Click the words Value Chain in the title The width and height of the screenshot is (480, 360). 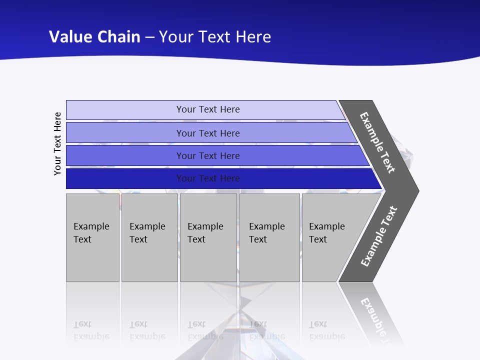[x=94, y=37]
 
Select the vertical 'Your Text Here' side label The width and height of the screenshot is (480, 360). [x=58, y=143]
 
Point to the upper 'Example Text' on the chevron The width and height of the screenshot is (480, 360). [x=377, y=142]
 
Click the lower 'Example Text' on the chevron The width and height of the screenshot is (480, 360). [x=379, y=236]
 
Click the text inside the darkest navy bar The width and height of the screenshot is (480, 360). [x=208, y=178]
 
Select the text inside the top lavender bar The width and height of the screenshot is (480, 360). [x=208, y=109]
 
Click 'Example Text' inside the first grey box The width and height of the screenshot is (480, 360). [x=91, y=233]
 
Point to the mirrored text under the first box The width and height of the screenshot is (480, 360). [x=91, y=330]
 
